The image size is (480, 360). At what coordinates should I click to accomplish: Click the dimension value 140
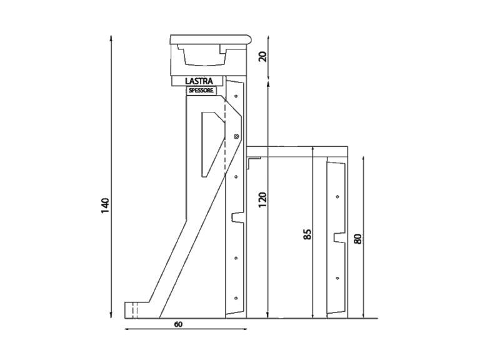(x=105, y=206)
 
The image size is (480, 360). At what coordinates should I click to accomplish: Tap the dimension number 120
(x=262, y=200)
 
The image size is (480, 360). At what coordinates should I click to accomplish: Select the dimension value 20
(x=263, y=56)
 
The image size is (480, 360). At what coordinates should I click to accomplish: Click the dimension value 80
(x=357, y=239)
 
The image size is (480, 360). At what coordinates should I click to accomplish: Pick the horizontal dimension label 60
(x=179, y=324)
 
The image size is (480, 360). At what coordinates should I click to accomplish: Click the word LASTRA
(x=199, y=81)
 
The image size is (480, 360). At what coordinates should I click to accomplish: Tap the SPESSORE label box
(x=201, y=91)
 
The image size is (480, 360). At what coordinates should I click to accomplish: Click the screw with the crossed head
(x=236, y=136)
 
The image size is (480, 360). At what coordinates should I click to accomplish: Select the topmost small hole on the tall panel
(x=236, y=96)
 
